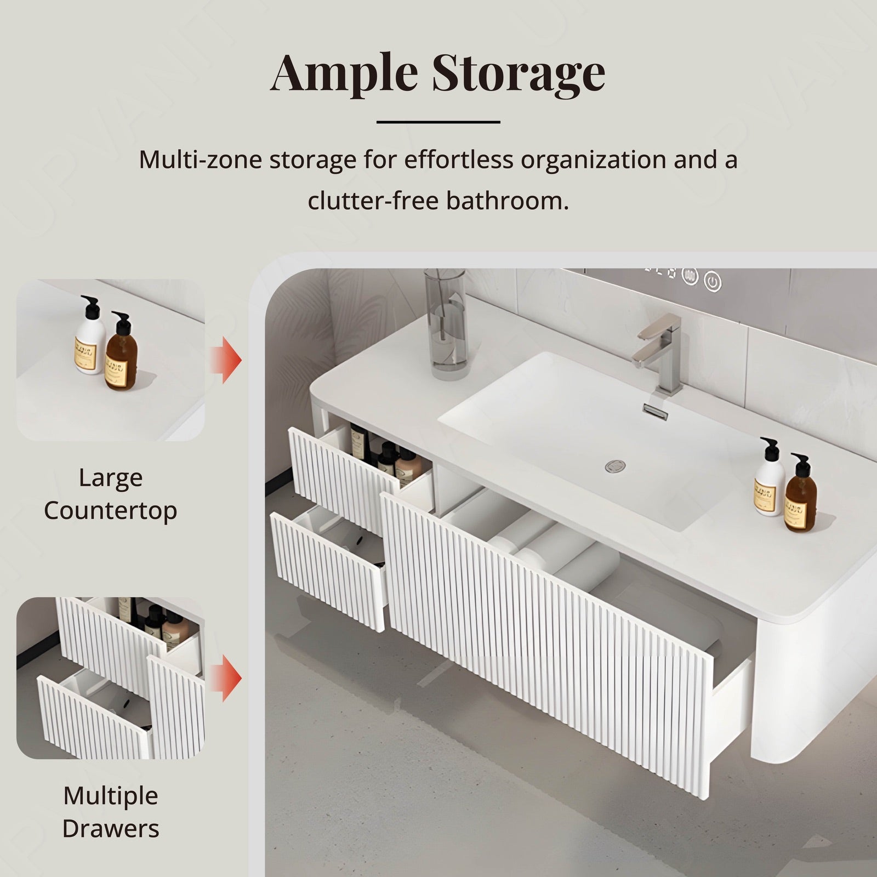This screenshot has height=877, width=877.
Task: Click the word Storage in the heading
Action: point(519,75)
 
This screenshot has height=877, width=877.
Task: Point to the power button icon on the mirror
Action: point(711,282)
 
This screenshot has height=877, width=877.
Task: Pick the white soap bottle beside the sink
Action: point(769,485)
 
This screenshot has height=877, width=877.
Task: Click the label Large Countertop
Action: point(111,494)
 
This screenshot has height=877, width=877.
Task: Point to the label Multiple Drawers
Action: point(111,812)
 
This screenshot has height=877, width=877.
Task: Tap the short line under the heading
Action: point(438,122)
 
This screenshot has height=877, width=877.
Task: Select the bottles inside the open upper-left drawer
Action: point(386,455)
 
